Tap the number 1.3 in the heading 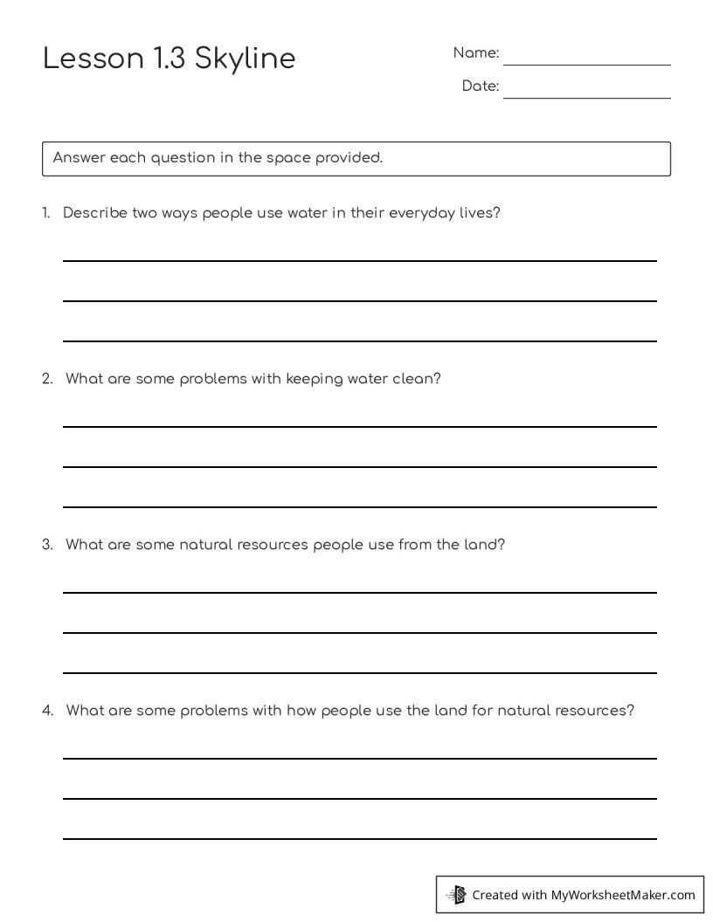point(170,58)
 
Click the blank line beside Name point(586,64)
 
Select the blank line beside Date point(586,97)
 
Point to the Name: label point(475,53)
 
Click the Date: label point(480,86)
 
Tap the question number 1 point(45,213)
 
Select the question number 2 point(47,379)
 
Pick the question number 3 point(47,545)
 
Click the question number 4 point(47,711)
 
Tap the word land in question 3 point(483,545)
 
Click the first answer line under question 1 point(359,260)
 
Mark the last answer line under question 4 point(359,838)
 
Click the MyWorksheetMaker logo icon point(457,895)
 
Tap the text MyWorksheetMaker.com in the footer point(623,895)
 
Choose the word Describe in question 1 point(95,213)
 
